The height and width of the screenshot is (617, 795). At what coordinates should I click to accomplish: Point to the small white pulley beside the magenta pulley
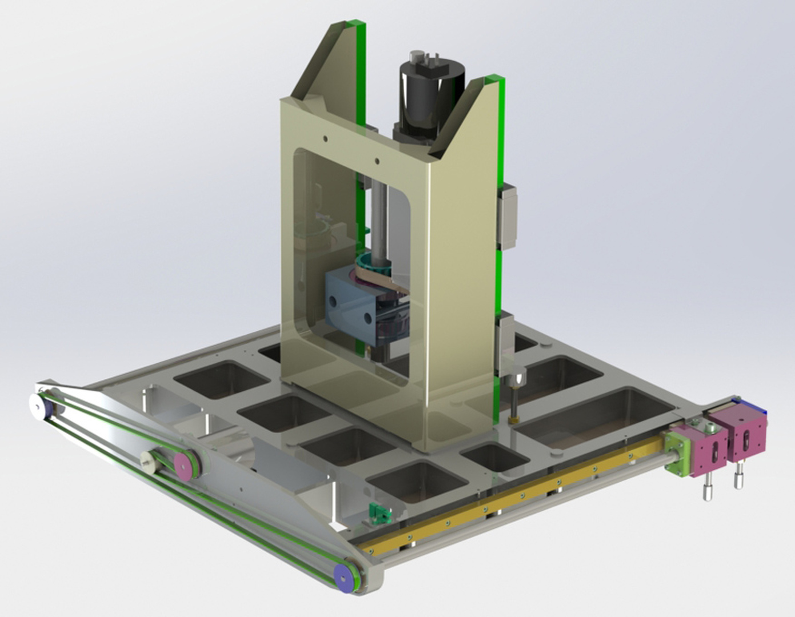(x=150, y=459)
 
